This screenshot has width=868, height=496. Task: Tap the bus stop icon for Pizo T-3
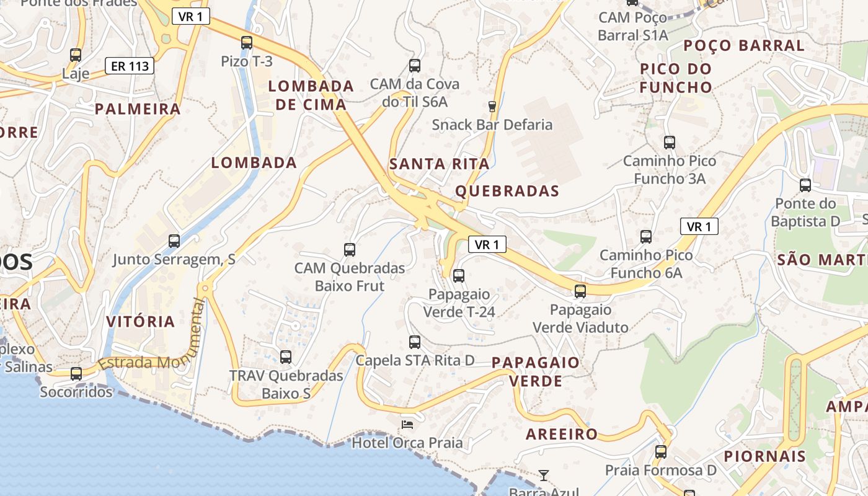[x=247, y=43]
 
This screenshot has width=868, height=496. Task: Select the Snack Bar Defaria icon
[x=492, y=107]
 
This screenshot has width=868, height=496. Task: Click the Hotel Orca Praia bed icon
[x=407, y=424]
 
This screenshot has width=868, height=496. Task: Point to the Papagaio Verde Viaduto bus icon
[x=580, y=291]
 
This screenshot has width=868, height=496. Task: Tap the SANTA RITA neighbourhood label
[x=439, y=164]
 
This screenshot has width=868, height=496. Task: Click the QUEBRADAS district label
[x=507, y=191]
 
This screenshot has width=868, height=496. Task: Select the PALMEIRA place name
[x=138, y=109]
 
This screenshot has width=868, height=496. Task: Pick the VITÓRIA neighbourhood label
[x=141, y=322]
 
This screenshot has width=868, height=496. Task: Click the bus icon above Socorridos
[x=76, y=374]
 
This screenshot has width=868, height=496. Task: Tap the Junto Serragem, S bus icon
[x=174, y=241]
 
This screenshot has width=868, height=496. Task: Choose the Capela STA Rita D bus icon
[x=415, y=342]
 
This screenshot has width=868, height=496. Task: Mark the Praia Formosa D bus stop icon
[x=661, y=452]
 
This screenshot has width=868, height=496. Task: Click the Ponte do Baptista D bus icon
[x=805, y=185]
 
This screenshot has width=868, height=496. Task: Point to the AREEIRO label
[x=562, y=434]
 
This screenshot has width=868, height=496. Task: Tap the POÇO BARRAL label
[x=743, y=45]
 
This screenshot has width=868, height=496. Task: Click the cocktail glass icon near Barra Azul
[x=544, y=476]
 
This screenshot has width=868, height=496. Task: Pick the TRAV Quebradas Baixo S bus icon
[x=286, y=357]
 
